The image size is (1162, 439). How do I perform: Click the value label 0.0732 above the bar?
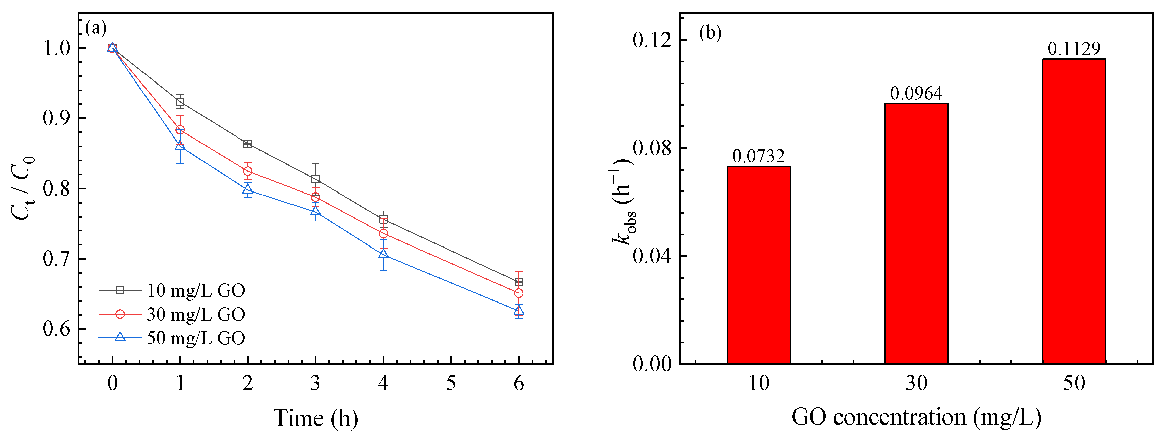tap(758, 156)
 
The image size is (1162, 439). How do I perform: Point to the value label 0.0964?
tap(916, 93)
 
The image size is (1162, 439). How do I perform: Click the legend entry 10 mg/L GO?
tap(195, 290)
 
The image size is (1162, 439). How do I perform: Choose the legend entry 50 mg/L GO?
tap(195, 338)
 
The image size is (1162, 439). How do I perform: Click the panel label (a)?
tap(96, 29)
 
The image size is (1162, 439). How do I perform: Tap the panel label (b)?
tap(710, 33)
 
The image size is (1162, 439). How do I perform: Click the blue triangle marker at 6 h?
tap(519, 311)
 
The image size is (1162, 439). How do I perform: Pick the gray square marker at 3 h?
tap(315, 179)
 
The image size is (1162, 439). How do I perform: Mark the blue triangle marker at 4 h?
tap(383, 255)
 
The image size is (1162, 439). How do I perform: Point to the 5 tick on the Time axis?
tap(451, 384)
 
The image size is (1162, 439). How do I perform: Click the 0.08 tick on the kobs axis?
tap(651, 148)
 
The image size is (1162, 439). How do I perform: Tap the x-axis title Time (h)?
tap(315, 418)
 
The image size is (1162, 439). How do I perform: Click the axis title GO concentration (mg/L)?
tap(916, 417)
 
